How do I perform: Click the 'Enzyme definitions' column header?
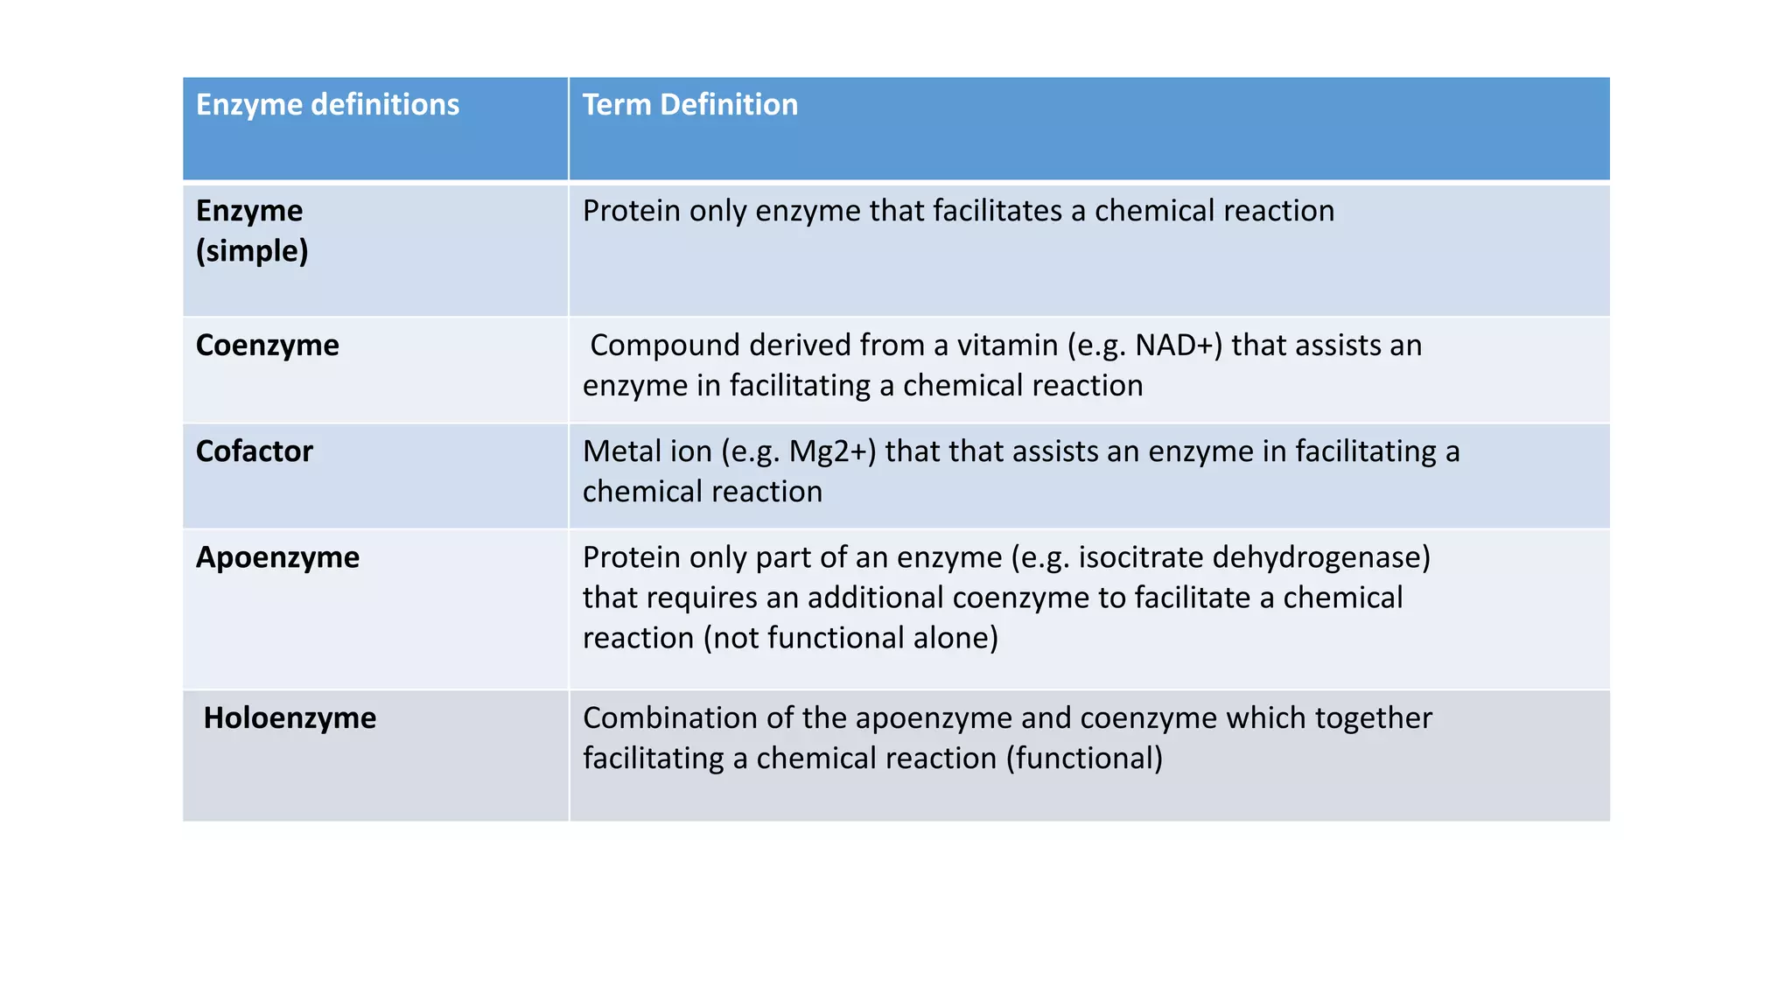[327, 105]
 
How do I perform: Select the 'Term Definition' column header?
[689, 105]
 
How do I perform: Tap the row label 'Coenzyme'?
[267, 346]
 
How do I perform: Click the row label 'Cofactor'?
[254, 451]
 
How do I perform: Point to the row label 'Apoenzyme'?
[277, 557]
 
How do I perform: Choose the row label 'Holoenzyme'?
[290, 718]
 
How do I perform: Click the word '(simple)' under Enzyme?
[252, 251]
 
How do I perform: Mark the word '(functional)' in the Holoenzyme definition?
[1084, 759]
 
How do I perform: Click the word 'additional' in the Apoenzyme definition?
[875, 598]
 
